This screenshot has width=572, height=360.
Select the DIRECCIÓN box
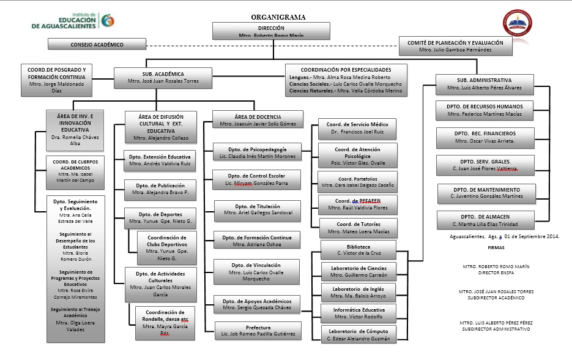(270, 31)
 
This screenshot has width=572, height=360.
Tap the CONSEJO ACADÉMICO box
(97, 45)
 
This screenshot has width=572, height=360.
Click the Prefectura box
(258, 331)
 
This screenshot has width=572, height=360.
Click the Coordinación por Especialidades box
(345, 80)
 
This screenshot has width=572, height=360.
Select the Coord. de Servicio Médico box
(358, 127)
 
